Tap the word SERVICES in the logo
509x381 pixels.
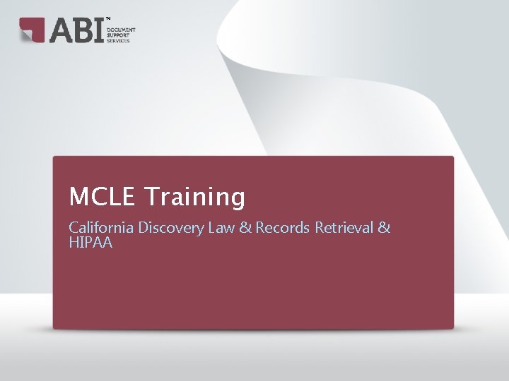click(x=119, y=41)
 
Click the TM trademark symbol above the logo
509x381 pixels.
click(x=107, y=18)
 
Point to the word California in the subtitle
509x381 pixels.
click(x=101, y=228)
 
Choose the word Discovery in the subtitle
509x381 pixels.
click(x=170, y=228)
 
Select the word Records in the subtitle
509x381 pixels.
click(x=283, y=228)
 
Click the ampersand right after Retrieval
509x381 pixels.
click(x=384, y=228)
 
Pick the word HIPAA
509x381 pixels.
click(x=90, y=243)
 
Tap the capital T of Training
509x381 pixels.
click(x=150, y=197)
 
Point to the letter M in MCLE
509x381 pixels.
click(x=77, y=197)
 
